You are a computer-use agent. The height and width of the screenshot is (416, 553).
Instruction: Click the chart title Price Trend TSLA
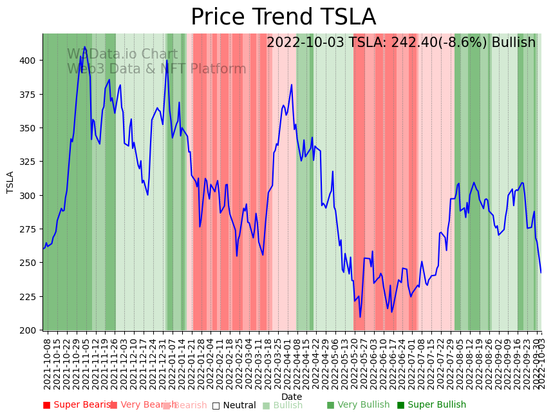point(283,17)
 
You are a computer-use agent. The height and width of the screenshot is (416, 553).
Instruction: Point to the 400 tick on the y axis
point(30,61)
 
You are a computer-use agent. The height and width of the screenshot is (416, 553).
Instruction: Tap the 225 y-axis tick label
point(30,297)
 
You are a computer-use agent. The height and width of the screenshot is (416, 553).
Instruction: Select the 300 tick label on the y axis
point(30,196)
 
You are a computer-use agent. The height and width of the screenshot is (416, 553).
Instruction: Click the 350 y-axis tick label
point(30,128)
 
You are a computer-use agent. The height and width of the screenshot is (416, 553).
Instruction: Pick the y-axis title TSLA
point(10,182)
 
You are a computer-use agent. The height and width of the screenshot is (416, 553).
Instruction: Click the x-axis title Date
point(291,397)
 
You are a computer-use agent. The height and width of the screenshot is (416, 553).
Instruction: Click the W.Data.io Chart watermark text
point(122,55)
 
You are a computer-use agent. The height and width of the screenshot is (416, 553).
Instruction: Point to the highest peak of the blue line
point(84,47)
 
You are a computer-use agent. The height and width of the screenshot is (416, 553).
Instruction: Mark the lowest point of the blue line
point(361,317)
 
